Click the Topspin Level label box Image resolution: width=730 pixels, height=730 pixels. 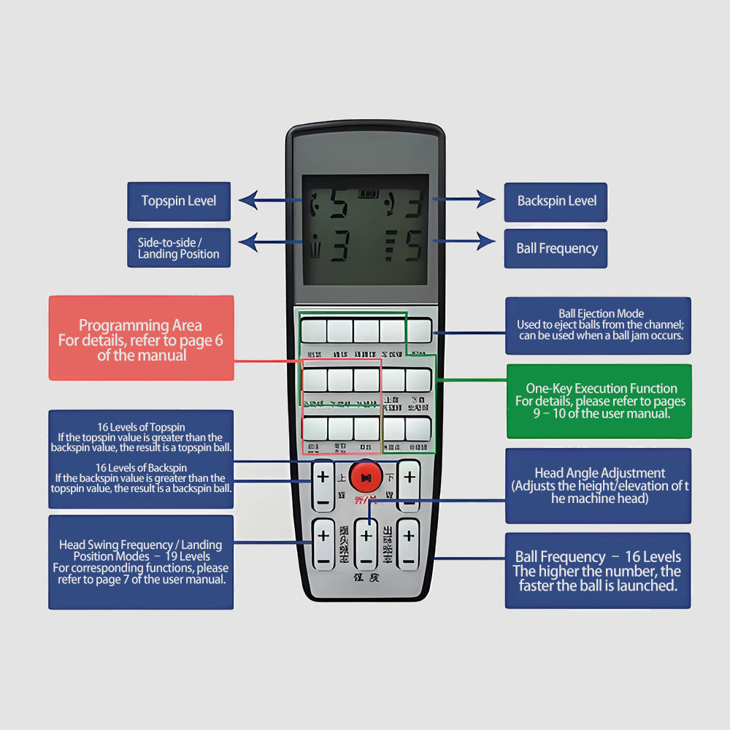(179, 201)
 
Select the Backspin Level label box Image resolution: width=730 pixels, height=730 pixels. (556, 201)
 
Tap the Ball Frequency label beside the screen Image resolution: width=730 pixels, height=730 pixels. (556, 248)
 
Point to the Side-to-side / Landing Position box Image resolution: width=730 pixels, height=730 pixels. (179, 247)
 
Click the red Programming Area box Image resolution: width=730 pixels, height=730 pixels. (142, 338)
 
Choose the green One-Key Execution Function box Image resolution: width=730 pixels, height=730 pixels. (599, 401)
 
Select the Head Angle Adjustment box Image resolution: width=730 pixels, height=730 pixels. (599, 485)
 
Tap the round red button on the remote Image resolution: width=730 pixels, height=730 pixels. (366, 477)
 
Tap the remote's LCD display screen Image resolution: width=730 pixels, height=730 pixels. (365, 229)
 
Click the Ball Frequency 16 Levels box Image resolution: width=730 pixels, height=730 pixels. (598, 571)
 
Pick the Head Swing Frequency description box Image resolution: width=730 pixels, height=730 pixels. (142, 562)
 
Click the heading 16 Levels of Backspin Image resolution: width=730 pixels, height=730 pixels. (142, 467)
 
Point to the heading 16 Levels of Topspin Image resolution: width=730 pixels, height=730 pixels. (142, 427)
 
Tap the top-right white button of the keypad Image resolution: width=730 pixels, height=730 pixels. (419, 331)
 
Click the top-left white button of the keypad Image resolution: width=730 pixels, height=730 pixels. (312, 331)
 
